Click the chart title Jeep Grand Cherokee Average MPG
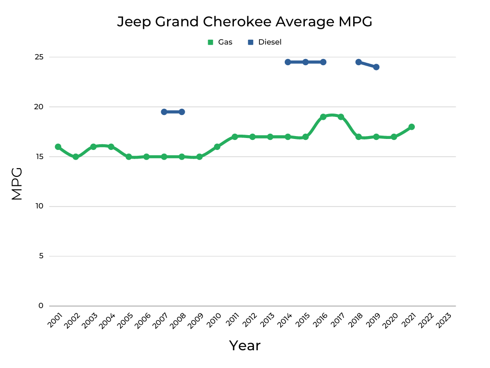(245, 22)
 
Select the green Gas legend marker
(210, 42)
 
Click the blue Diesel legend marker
(250, 42)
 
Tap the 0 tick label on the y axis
(41, 306)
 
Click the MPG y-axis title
(17, 184)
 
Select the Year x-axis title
(245, 345)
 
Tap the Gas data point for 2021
(412, 127)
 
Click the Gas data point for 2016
(323, 117)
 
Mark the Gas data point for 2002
(76, 157)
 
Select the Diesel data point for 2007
(164, 112)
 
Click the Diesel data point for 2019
(376, 67)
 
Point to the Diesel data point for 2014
(288, 62)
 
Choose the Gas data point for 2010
(217, 147)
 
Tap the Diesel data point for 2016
(323, 62)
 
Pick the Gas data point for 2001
(58, 147)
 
